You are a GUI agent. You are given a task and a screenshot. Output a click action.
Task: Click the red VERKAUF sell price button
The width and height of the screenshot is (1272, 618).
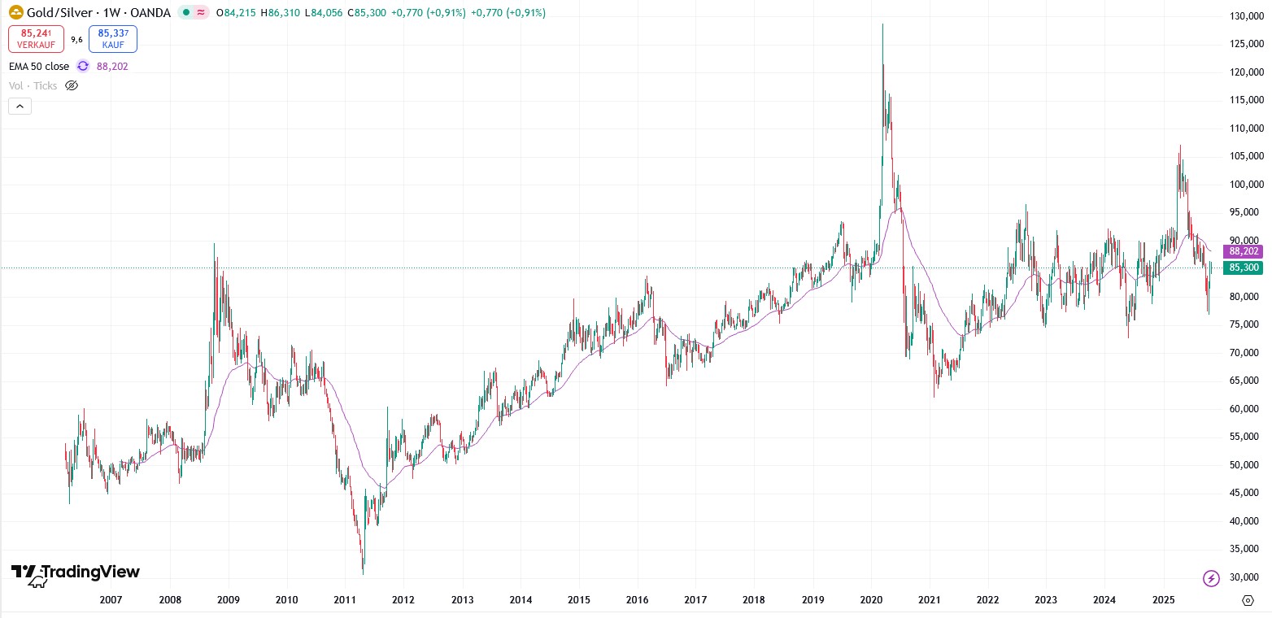[x=36, y=39]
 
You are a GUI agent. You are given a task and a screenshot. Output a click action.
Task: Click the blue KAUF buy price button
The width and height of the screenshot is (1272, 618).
[x=113, y=39]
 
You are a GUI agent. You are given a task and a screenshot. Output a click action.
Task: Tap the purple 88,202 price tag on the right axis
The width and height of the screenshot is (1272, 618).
[x=1244, y=252]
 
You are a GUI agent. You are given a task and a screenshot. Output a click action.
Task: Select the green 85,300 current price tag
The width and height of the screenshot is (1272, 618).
[x=1244, y=268]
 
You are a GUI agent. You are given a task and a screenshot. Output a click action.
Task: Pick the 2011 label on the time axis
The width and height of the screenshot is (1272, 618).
[x=345, y=600]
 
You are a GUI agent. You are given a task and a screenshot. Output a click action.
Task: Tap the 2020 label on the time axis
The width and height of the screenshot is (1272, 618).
[x=871, y=600]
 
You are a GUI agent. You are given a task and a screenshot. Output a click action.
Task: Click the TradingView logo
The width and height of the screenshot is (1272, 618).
[x=76, y=573]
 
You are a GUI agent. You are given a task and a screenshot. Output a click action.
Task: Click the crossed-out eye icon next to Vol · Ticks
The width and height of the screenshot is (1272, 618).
[x=72, y=85]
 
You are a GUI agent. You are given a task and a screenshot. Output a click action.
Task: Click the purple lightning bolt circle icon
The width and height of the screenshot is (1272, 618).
[x=1211, y=578]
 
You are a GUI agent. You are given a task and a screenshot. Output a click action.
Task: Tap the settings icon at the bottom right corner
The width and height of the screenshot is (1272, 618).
[x=1248, y=600]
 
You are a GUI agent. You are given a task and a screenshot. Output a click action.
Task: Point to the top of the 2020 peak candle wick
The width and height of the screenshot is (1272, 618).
[x=882, y=24]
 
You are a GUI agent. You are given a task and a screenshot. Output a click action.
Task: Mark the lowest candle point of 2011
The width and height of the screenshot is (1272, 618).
[x=363, y=574]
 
